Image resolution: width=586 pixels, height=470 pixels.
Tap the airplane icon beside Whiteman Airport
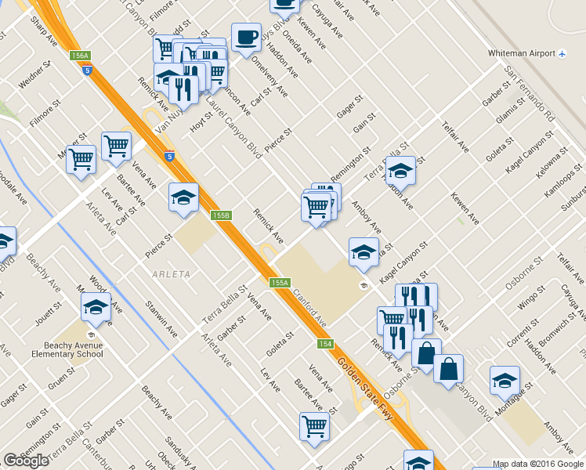tap(562, 53)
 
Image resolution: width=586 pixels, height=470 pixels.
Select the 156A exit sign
tap(80, 56)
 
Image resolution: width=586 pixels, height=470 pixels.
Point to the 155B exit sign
tap(221, 215)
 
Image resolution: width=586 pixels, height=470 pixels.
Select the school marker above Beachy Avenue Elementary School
tap(96, 307)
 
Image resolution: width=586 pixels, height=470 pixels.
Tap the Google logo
tap(26, 461)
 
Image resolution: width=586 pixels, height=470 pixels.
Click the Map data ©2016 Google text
tap(537, 464)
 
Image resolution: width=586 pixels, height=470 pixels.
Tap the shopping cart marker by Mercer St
tap(81, 160)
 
